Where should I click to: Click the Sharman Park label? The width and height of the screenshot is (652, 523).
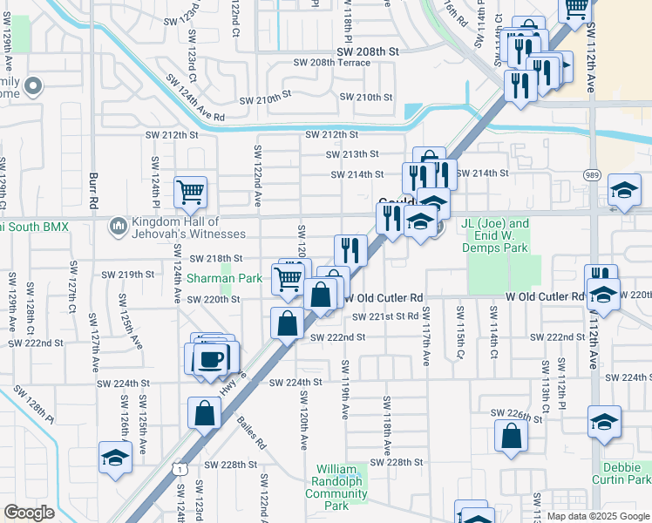point(224,279)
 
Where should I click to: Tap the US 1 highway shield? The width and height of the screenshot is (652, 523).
point(179,469)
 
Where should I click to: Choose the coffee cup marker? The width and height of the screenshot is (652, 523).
point(212,358)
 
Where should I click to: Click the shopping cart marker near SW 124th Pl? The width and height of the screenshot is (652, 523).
point(189,192)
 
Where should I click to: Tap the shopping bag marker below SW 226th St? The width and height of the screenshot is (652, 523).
point(511,436)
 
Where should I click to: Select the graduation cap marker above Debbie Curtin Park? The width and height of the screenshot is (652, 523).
point(604,423)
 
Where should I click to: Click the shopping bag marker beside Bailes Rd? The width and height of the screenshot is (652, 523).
point(204,412)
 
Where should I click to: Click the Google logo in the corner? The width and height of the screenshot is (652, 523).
point(30,513)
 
